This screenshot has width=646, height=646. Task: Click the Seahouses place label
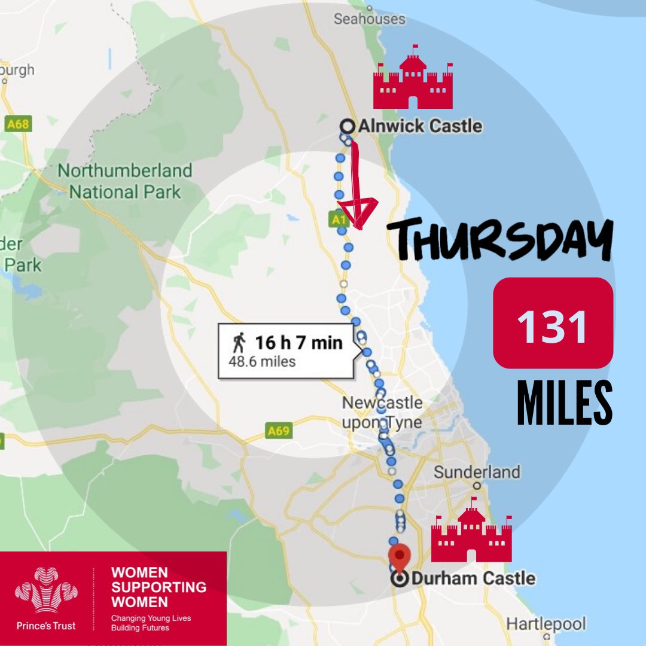(369, 19)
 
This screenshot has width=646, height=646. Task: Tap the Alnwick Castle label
(419, 126)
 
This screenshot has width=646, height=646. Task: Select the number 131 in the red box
(553, 326)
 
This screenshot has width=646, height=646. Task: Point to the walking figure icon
(239, 343)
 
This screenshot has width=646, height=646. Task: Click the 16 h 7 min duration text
(298, 343)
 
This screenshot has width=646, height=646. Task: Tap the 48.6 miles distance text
(262, 361)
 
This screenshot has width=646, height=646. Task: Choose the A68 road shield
(17, 124)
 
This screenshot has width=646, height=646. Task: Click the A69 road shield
(279, 429)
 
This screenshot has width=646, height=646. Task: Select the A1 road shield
(339, 220)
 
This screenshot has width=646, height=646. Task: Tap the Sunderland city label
(477, 472)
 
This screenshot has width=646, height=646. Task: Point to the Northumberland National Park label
(124, 181)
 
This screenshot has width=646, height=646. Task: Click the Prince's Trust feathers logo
(46, 593)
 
